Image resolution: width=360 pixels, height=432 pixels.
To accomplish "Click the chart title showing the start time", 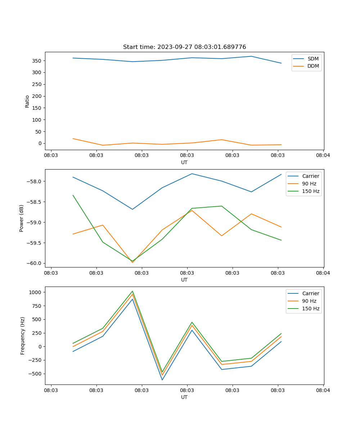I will click(184, 47).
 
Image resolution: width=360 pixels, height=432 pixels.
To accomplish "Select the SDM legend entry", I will click(313, 59).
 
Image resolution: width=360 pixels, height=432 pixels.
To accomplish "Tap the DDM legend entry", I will click(313, 66).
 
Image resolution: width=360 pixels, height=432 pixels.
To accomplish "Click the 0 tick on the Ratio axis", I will click(40, 143).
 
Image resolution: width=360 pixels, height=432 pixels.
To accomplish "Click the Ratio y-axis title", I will click(27, 101).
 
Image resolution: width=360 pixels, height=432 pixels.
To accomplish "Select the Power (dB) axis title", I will click(22, 218).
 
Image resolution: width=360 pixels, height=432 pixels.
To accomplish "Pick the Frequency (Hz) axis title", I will click(22, 336).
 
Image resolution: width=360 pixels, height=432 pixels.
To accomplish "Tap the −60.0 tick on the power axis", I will click(34, 263).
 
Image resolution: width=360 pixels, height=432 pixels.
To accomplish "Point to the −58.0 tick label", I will click(34, 181).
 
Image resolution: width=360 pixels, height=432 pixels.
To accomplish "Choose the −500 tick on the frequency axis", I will click(35, 374).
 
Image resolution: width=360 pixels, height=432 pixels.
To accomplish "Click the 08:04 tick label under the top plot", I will click(323, 156).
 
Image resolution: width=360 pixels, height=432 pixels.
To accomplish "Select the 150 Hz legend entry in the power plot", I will click(311, 191).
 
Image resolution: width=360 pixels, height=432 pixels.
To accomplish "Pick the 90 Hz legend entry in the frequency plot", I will click(309, 301).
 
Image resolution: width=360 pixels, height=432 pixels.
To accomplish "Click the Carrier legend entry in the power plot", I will click(310, 176).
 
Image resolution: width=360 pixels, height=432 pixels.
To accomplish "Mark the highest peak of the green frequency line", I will click(132, 291).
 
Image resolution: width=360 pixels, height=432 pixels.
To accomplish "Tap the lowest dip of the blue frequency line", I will click(162, 380).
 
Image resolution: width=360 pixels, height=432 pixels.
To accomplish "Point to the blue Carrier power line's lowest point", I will click(132, 209).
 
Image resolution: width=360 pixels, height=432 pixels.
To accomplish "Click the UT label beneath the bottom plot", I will click(184, 397).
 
